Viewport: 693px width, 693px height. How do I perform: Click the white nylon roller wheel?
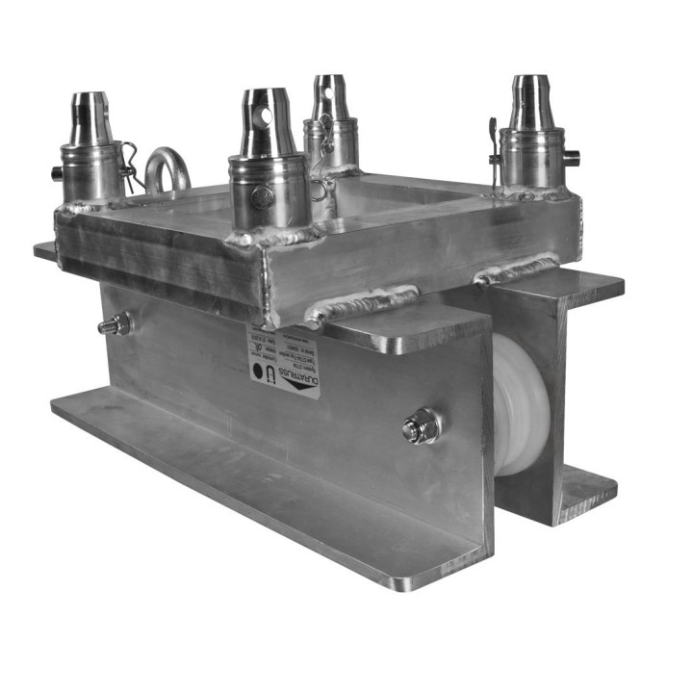521,404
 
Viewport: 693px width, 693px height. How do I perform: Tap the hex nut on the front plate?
421,425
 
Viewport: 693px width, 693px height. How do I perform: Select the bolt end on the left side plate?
115,325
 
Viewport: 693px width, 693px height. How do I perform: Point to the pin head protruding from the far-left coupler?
57,173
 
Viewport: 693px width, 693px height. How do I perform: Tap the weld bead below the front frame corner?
360,305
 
